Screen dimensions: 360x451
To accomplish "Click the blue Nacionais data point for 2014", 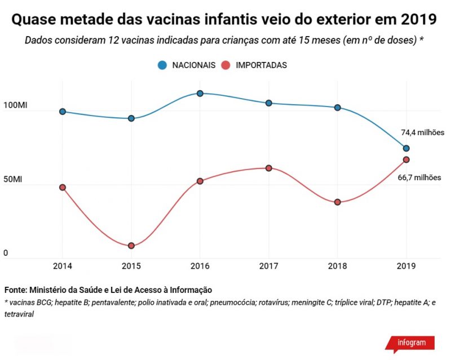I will (62, 112).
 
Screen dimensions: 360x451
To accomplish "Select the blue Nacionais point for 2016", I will (200, 93).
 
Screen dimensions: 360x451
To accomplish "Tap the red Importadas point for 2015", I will (131, 246).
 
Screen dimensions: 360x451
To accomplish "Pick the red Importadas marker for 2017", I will (269, 168).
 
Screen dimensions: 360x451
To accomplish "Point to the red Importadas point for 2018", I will (338, 202).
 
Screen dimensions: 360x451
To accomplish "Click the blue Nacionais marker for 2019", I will (406, 148).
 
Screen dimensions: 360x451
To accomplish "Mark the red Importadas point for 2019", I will (406, 159).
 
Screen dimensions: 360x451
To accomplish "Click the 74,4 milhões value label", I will (423, 133).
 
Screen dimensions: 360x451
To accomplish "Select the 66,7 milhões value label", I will (421, 177).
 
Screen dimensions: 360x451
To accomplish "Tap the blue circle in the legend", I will (162, 65).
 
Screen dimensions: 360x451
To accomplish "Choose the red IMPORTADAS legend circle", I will (226, 65).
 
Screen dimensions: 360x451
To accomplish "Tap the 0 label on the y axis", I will (6, 254).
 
